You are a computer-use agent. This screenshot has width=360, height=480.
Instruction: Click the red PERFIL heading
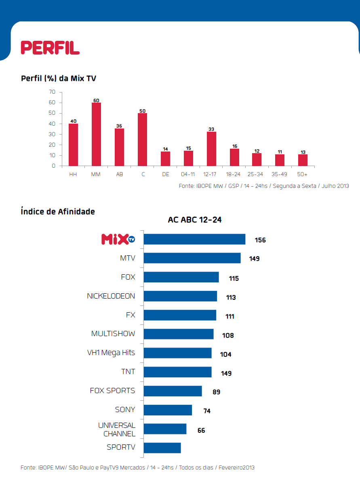(x=50, y=48)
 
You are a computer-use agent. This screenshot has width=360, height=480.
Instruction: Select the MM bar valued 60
(x=96, y=134)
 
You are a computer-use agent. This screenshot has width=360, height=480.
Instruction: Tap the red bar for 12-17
(x=211, y=149)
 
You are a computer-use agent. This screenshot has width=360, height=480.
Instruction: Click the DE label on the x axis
(x=165, y=175)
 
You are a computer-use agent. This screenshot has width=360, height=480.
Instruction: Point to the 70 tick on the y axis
(x=52, y=92)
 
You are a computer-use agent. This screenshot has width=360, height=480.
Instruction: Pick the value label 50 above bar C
(x=142, y=111)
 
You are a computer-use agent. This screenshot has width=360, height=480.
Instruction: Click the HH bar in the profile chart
(x=73, y=145)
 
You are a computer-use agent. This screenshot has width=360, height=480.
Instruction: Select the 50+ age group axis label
(x=302, y=175)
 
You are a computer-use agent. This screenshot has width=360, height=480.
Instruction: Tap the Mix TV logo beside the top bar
(x=118, y=239)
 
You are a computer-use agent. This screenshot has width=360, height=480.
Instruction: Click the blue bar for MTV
(x=192, y=258)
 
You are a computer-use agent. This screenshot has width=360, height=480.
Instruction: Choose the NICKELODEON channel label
(x=111, y=296)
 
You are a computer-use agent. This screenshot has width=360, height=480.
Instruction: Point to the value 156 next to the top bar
(x=260, y=240)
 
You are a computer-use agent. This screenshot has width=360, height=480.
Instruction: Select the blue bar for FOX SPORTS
(x=173, y=391)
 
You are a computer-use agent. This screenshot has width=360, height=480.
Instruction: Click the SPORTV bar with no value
(x=162, y=448)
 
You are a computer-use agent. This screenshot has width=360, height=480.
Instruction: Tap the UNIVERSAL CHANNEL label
(x=117, y=429)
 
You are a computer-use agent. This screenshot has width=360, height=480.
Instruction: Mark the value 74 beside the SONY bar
(x=207, y=411)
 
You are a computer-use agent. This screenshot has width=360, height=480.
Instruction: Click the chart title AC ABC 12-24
(x=195, y=220)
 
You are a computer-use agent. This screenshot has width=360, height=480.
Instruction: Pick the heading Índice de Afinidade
(x=58, y=211)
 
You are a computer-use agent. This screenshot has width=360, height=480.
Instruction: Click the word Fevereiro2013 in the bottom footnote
(x=237, y=467)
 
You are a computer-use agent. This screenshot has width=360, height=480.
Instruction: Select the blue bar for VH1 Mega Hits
(x=177, y=353)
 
